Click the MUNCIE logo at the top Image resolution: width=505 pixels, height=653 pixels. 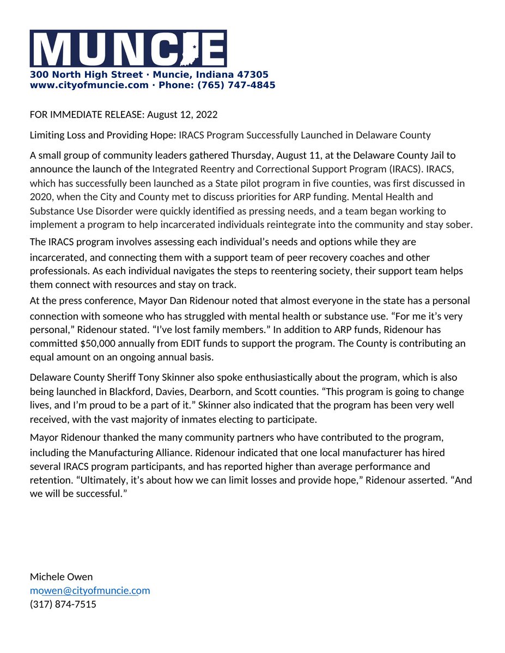(x=128, y=49)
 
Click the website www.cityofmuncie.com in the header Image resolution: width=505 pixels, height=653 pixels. (x=89, y=85)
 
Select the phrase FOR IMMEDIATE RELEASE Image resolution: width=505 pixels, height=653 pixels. (x=86, y=115)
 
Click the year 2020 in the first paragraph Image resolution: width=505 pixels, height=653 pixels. (x=40, y=196)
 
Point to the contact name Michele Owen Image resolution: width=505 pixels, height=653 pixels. (x=61, y=577)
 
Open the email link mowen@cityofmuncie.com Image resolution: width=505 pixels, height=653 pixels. (x=90, y=590)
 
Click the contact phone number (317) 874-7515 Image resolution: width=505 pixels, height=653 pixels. (x=63, y=604)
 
